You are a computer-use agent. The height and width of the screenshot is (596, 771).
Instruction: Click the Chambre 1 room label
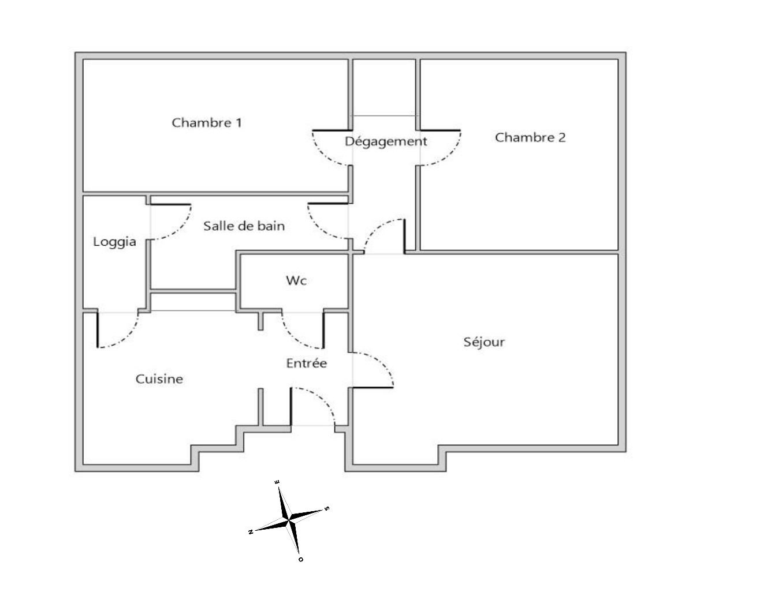[x=207, y=122]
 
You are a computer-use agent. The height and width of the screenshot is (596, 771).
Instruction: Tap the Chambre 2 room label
[x=530, y=137]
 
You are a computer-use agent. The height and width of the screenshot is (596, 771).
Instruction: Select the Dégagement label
[x=386, y=142]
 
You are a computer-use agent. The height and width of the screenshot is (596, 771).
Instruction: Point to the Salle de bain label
[x=244, y=226]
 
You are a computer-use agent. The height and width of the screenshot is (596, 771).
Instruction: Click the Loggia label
[x=114, y=242]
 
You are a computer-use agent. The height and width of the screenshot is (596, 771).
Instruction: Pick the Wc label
[x=296, y=280]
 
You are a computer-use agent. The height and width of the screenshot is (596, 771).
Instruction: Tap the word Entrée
[x=307, y=363]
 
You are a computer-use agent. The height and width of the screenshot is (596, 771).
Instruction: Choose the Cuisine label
[x=159, y=379]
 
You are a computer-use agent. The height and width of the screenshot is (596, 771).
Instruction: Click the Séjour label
[x=484, y=342]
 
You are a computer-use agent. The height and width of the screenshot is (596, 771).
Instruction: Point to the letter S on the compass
[x=327, y=508]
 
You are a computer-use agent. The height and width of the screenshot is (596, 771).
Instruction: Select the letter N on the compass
[x=251, y=532]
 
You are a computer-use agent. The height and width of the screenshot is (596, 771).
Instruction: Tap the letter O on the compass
[x=301, y=560]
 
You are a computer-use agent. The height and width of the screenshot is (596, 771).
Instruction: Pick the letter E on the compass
[x=277, y=482]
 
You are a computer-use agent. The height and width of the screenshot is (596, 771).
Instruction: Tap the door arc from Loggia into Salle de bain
[x=180, y=230]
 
